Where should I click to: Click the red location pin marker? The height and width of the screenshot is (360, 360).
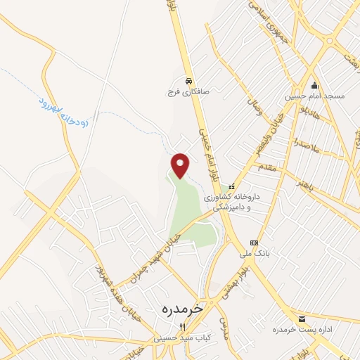(x=181, y=165)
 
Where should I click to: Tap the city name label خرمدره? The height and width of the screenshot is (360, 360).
(x=180, y=309)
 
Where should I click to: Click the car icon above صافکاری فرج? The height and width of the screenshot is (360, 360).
(x=188, y=80)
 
